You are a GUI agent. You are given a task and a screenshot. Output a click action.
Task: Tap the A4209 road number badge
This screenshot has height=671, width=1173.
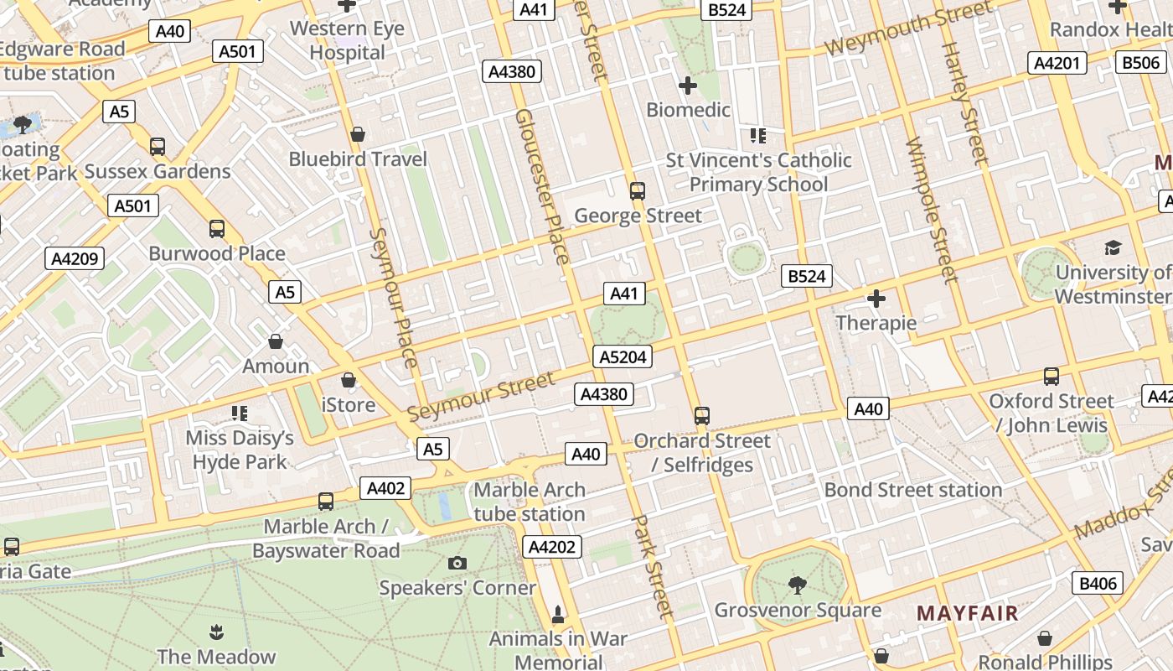(x=75, y=258)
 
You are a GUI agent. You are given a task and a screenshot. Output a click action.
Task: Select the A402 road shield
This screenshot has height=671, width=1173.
(x=386, y=488)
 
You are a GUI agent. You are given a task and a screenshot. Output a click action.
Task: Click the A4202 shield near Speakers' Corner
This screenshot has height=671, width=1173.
(x=552, y=548)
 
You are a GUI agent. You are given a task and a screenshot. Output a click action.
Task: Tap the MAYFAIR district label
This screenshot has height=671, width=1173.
(x=967, y=613)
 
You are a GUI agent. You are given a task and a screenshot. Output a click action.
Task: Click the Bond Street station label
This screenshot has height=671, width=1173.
(x=912, y=490)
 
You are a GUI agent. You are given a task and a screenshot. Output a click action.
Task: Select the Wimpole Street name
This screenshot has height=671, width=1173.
(x=932, y=210)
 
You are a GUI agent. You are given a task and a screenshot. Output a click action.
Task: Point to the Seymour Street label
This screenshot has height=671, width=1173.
(x=481, y=397)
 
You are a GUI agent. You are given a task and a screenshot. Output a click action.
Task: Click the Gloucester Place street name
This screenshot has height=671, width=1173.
(x=542, y=185)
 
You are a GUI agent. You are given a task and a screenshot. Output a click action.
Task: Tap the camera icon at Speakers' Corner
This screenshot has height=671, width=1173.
(x=457, y=563)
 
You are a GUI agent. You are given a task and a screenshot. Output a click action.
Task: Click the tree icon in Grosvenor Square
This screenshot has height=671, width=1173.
(x=797, y=585)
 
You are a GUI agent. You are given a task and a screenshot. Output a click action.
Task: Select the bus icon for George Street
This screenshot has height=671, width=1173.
(x=638, y=190)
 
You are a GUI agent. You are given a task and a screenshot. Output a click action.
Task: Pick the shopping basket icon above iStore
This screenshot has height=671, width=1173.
(x=349, y=380)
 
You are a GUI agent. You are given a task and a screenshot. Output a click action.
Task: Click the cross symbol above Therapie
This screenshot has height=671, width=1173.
(x=876, y=298)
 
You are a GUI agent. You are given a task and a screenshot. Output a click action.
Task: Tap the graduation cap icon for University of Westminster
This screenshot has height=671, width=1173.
(x=1113, y=247)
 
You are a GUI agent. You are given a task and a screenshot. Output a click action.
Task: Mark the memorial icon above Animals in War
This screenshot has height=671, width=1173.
(x=558, y=615)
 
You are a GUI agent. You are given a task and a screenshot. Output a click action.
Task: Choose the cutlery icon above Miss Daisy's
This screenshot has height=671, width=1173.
(x=240, y=413)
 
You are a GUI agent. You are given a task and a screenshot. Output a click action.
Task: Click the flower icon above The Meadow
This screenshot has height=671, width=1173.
(x=216, y=631)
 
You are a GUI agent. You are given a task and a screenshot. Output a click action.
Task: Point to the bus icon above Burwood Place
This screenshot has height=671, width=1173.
(x=217, y=228)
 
